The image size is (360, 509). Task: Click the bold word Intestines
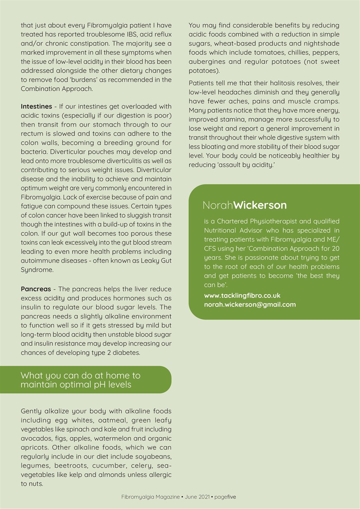click(x=36, y=107)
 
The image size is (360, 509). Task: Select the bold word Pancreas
click(x=36, y=289)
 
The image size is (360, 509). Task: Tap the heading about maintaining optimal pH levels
click(x=80, y=380)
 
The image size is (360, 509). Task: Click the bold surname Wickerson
click(x=260, y=205)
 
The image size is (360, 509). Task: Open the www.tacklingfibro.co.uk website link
click(x=242, y=295)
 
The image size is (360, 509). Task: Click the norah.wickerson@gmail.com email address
click(x=250, y=305)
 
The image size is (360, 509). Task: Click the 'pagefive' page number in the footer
click(x=225, y=497)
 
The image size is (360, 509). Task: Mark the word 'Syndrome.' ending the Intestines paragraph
click(x=37, y=270)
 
